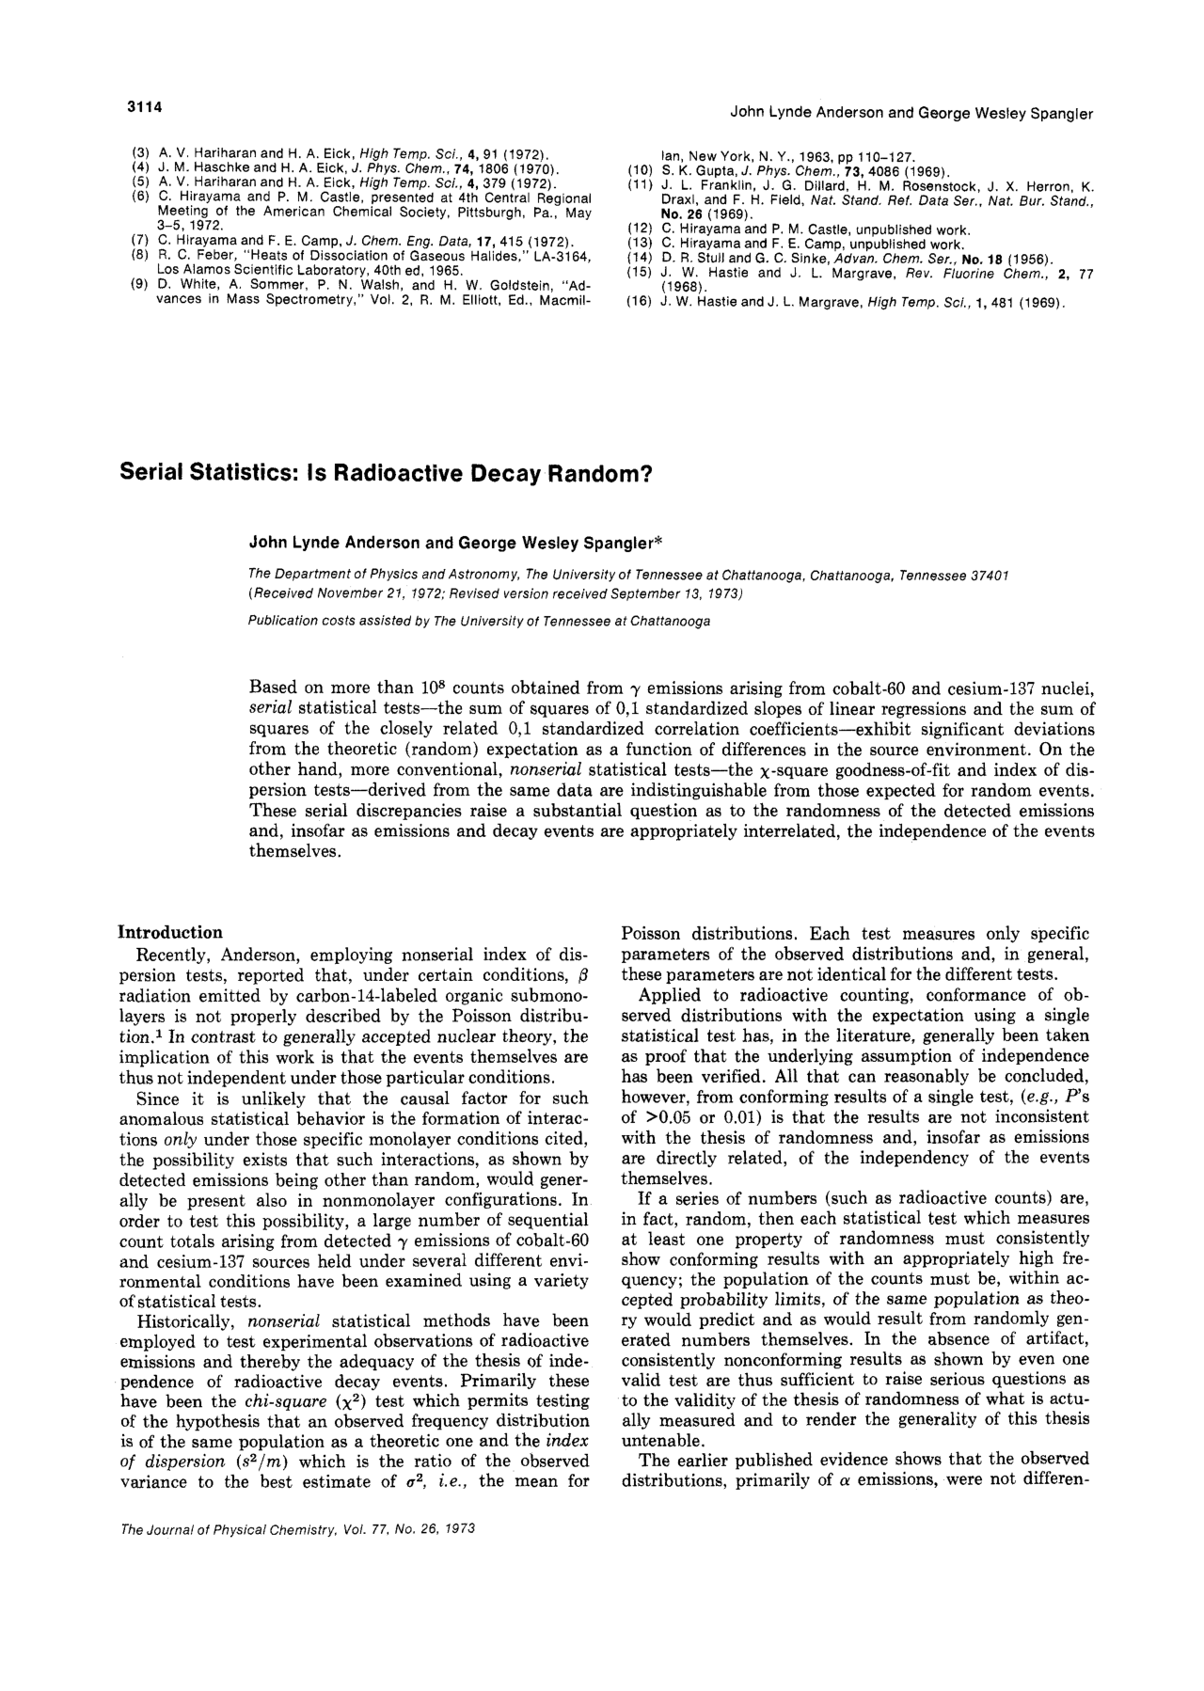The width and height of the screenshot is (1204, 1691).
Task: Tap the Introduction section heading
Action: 170,932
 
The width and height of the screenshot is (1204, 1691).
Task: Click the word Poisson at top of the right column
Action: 652,934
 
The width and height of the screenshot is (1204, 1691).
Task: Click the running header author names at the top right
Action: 911,114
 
